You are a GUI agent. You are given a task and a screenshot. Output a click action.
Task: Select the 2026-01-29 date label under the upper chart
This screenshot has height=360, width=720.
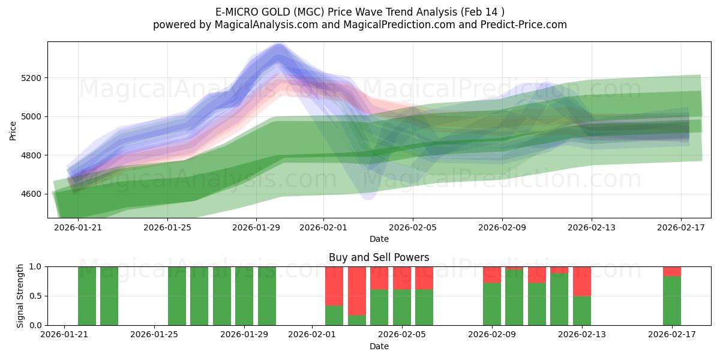256,227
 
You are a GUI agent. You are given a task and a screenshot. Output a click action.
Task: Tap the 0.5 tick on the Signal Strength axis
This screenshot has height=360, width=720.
35,296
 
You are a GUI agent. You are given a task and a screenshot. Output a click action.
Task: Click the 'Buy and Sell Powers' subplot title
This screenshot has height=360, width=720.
379,257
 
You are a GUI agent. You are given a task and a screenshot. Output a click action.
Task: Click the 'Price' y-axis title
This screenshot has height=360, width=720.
13,130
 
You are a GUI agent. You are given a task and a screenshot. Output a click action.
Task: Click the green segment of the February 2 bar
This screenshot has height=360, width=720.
334,315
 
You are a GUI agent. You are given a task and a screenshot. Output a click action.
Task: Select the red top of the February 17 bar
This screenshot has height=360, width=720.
672,271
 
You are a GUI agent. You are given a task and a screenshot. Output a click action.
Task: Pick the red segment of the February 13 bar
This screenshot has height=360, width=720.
582,281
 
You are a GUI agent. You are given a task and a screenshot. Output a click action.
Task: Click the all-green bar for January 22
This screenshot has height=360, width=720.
109,296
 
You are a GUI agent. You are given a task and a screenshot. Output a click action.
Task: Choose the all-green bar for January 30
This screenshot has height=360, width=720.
267,296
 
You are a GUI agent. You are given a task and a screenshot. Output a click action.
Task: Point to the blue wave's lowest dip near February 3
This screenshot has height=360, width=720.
368,193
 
